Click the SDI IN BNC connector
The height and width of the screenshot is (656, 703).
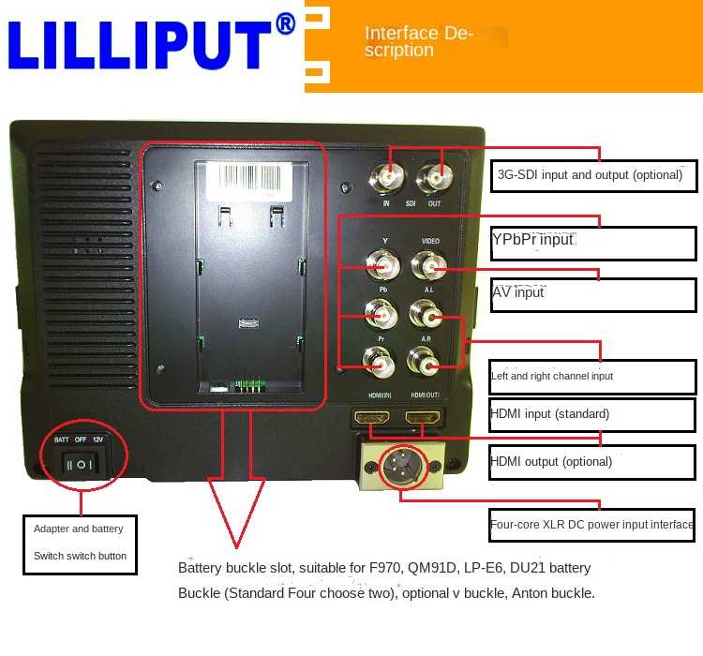click(x=386, y=178)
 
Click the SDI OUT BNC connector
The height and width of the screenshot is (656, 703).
click(x=434, y=179)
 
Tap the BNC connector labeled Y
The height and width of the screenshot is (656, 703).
click(x=383, y=265)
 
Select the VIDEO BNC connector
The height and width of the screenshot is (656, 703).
click(x=429, y=265)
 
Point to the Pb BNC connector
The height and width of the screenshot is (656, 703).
click(x=381, y=314)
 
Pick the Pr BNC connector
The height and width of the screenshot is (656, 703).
click(x=379, y=362)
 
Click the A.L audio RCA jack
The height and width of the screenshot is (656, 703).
click(x=426, y=314)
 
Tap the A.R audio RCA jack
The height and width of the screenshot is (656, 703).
click(x=423, y=362)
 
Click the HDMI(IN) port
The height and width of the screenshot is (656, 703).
click(x=372, y=418)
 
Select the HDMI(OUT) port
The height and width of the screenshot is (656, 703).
click(x=423, y=418)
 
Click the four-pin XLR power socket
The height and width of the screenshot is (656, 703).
click(x=402, y=467)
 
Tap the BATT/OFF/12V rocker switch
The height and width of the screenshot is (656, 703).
click(x=81, y=464)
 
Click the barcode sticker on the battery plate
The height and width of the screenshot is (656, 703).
click(x=248, y=182)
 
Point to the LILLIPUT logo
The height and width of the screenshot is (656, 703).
click(x=152, y=41)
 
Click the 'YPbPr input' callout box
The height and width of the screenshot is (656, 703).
click(x=593, y=243)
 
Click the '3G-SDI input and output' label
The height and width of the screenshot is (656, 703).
click(x=590, y=174)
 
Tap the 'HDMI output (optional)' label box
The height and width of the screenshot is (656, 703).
click(x=591, y=462)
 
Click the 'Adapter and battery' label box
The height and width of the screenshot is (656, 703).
click(x=81, y=544)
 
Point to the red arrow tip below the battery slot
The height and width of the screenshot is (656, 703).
click(x=236, y=547)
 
